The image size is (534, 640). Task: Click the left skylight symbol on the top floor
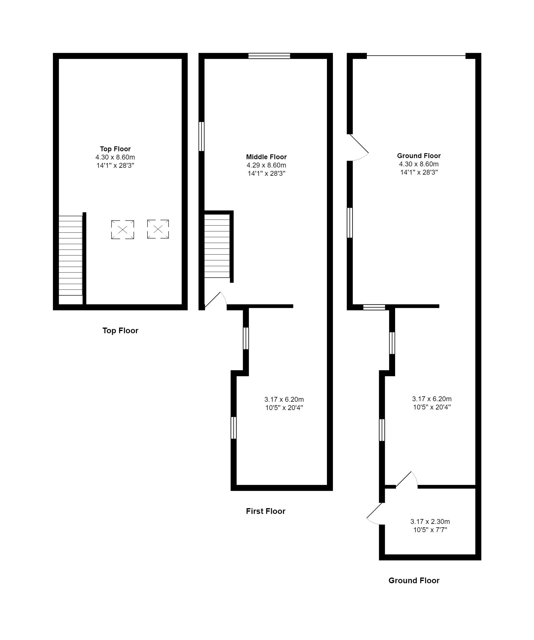click(122, 229)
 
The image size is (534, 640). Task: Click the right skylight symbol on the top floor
click(158, 229)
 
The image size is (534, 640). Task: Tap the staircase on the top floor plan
click(70, 255)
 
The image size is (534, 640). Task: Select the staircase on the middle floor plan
click(217, 246)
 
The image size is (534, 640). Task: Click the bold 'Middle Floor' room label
click(266, 157)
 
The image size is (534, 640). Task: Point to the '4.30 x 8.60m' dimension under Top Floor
click(115, 157)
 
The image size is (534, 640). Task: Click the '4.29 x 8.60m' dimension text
click(266, 165)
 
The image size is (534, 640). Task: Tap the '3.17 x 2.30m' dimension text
click(430, 522)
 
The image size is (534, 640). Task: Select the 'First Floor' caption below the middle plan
click(266, 511)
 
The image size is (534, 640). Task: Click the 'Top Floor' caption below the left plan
click(120, 331)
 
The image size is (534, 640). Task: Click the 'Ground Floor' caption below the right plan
click(414, 581)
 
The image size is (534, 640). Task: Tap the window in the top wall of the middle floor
click(269, 56)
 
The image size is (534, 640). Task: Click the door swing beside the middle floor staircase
click(216, 301)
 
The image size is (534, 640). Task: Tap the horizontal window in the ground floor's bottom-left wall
click(374, 307)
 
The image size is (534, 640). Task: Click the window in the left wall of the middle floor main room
click(201, 137)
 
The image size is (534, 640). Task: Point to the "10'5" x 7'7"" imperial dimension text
click(430, 530)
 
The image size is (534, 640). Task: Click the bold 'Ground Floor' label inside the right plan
click(419, 156)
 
